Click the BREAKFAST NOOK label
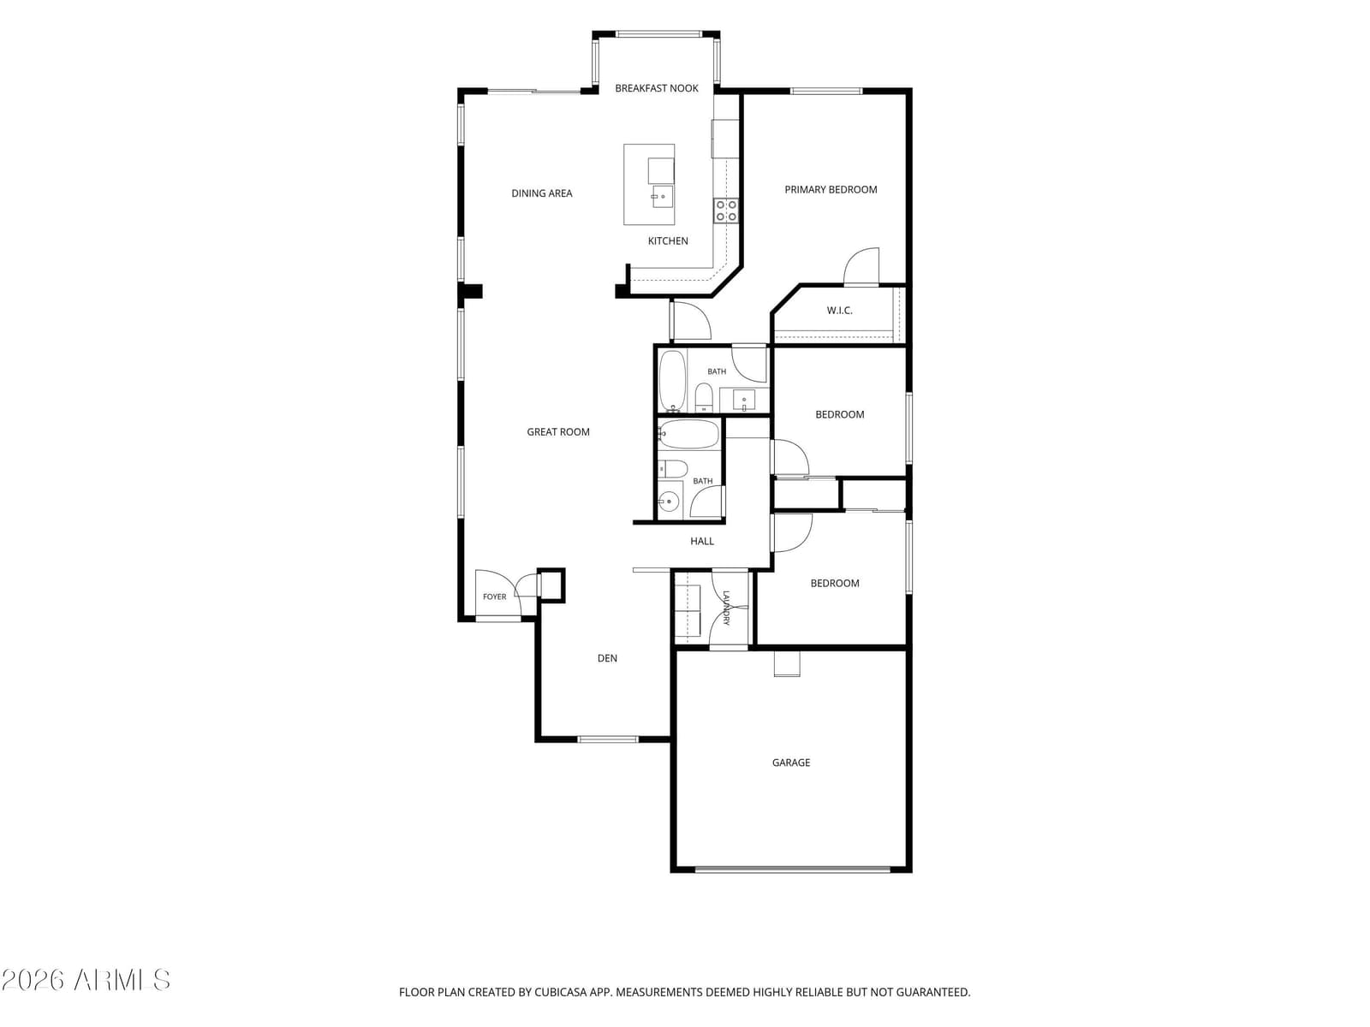[x=656, y=88]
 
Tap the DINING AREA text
[x=541, y=193]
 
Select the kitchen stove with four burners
[x=726, y=211]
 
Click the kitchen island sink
[x=662, y=197]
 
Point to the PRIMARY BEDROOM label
[x=830, y=189]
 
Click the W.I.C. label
[x=839, y=311]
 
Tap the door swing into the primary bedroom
[x=861, y=266]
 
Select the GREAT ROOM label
[x=557, y=432]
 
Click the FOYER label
[x=494, y=597]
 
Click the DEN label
[x=607, y=658]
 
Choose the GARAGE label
[x=791, y=763]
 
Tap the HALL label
[x=701, y=541]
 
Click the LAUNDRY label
[x=726, y=608]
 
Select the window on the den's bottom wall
[x=607, y=739]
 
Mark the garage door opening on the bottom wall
[x=793, y=869]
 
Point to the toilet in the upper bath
[x=704, y=397]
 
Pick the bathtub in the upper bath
[x=672, y=381]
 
